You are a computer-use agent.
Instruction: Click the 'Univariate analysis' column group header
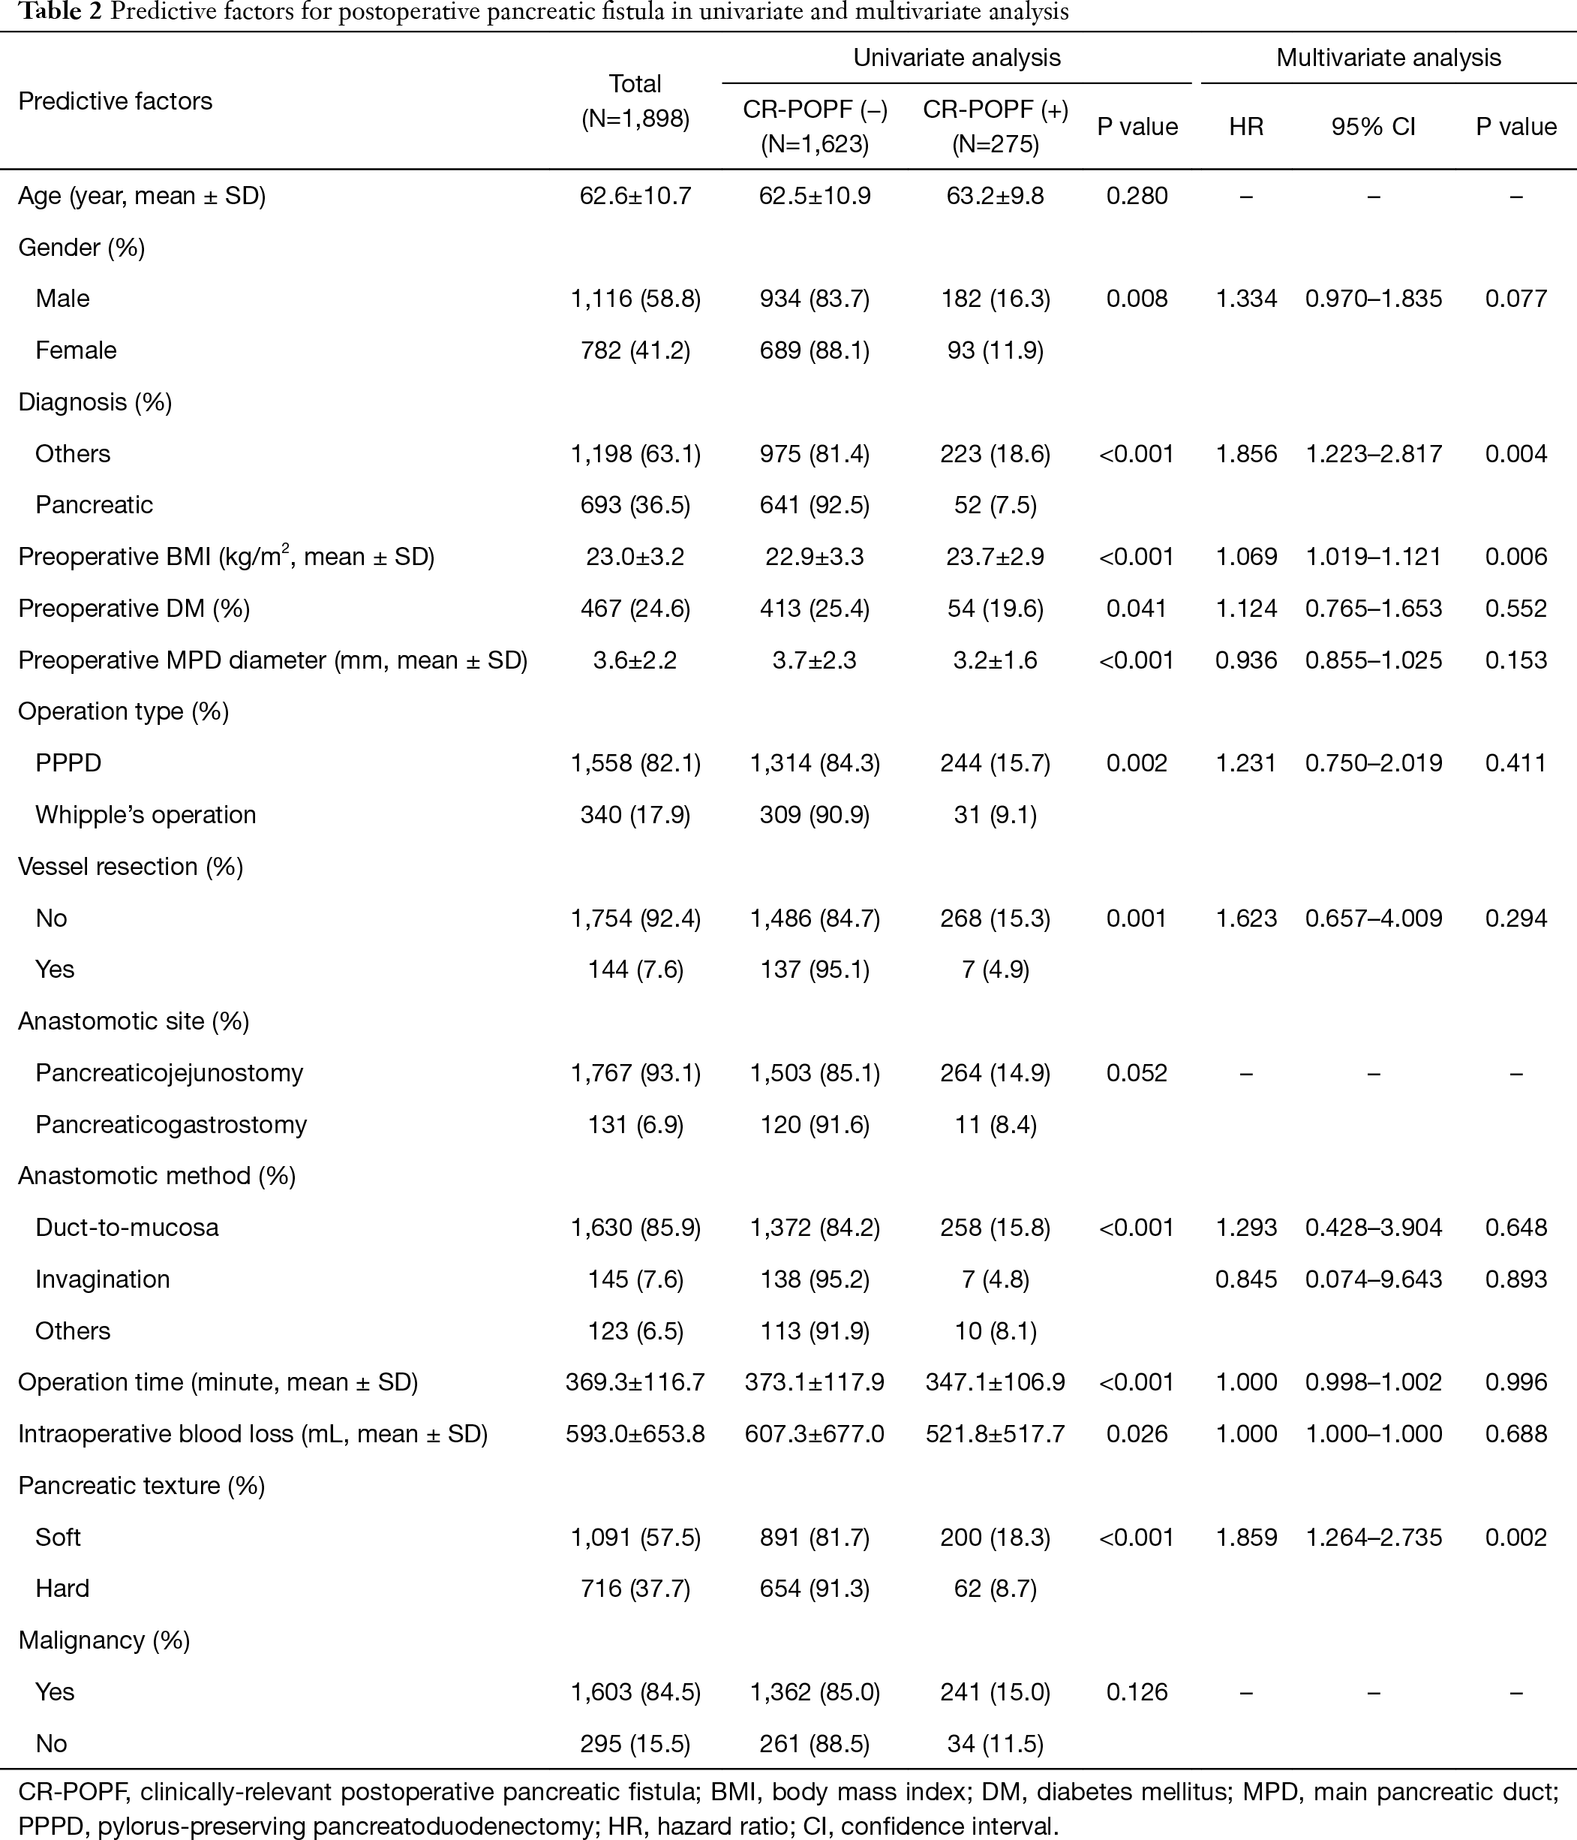957,58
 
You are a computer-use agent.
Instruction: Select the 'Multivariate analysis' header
1388,58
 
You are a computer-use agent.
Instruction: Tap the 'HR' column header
1246,127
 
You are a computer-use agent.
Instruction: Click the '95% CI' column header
1373,127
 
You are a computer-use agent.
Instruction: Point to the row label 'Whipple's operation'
146,814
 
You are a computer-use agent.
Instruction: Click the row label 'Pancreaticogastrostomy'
170,1124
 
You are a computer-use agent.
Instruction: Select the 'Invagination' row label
102,1279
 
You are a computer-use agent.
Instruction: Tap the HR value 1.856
1246,454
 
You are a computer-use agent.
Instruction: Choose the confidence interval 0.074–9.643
1373,1279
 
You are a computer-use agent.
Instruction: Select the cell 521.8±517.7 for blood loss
995,1434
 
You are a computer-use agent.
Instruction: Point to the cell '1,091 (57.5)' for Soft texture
635,1537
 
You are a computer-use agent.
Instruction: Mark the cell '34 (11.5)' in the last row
995,1743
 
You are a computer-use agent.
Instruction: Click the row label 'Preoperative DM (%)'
134,609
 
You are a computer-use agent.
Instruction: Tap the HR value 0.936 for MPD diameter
1246,660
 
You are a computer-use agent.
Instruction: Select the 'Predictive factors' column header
115,101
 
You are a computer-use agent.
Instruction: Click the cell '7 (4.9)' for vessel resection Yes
995,969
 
